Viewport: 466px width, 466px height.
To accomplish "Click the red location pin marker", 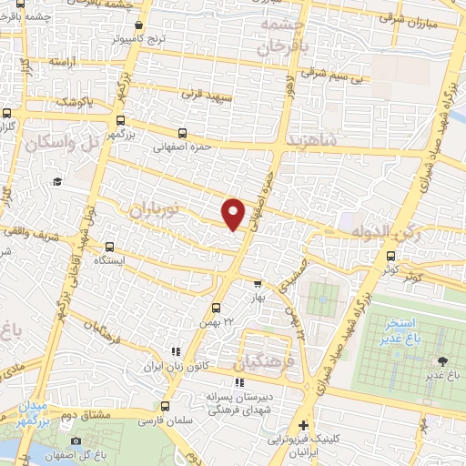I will pos(234,213).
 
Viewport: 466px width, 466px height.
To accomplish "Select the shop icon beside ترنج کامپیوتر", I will pos(137,25).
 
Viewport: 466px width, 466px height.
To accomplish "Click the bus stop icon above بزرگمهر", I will pos(120,119).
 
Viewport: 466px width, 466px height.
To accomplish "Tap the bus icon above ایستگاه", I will pos(110,246).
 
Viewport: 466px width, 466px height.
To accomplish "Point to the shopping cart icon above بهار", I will pos(258,283).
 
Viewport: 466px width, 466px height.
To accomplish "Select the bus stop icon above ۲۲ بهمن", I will pos(216,308).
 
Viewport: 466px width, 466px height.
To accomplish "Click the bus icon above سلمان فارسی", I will pos(165,407).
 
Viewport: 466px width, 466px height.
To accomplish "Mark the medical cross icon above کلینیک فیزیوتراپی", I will pos(303,425).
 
